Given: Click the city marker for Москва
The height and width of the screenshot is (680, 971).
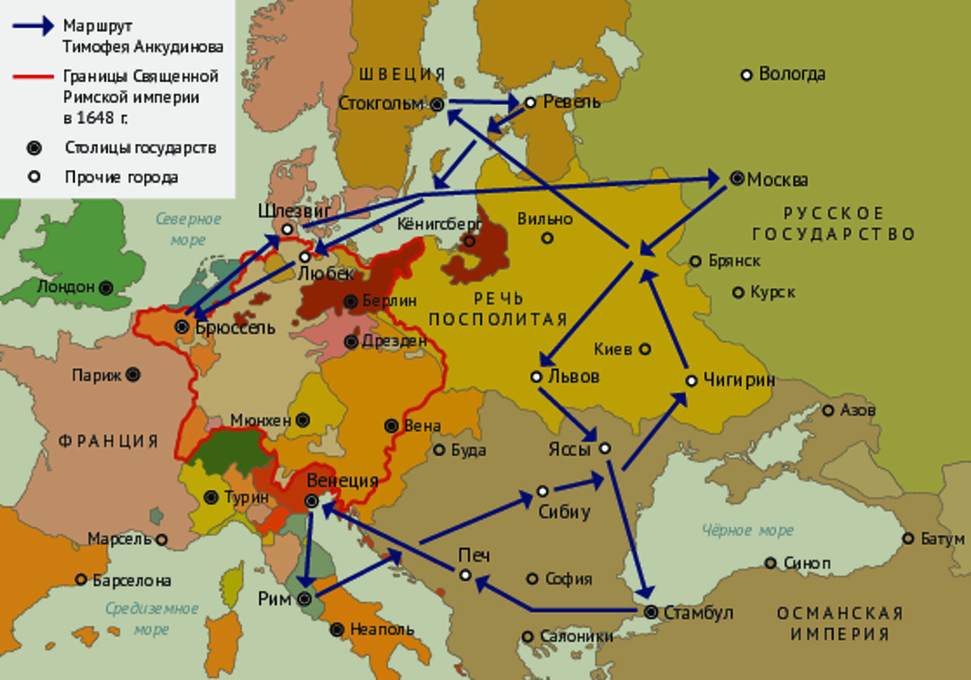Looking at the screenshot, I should (x=736, y=179).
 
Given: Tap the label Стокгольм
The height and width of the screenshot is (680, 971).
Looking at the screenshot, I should (x=381, y=103).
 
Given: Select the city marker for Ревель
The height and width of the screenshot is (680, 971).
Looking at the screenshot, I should (x=531, y=103).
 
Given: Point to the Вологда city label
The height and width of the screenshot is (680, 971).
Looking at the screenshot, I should (x=791, y=74).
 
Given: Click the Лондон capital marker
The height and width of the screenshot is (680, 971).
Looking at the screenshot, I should (x=106, y=287).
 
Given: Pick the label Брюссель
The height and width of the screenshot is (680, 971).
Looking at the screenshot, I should (x=235, y=328).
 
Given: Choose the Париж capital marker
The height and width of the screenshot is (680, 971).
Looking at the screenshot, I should (x=133, y=375).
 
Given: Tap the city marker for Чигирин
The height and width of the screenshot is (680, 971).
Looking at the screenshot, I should (x=691, y=380).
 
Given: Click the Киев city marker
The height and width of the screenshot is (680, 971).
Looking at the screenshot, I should (x=645, y=349).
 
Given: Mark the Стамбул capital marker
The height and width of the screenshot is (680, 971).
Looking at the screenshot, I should (x=651, y=613).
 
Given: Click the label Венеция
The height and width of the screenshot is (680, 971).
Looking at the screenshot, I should (x=342, y=481).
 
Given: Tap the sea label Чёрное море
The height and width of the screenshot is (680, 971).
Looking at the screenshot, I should (x=748, y=530).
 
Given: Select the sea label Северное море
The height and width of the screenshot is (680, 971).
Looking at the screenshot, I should (x=189, y=229).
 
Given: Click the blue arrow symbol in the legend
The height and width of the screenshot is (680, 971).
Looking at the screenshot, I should (x=32, y=25).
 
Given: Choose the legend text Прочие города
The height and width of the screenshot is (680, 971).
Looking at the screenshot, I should (x=121, y=177).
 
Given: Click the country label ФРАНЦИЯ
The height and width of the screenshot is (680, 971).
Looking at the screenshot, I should (x=108, y=441).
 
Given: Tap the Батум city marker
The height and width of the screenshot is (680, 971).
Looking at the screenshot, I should (x=908, y=539).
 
